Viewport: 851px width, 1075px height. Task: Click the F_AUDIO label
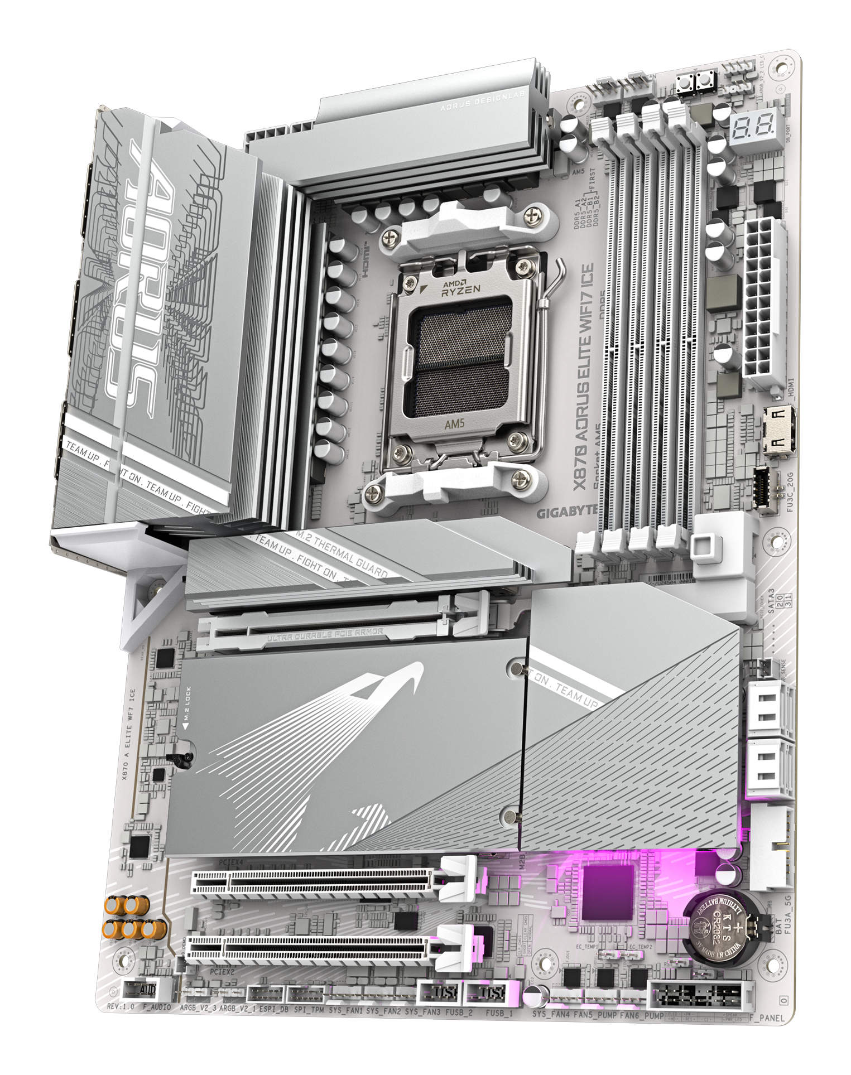pyautogui.click(x=157, y=1007)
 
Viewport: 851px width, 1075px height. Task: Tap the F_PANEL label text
pyautogui.click(x=767, y=1018)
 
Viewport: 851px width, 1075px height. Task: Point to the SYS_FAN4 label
pyautogui.click(x=551, y=1014)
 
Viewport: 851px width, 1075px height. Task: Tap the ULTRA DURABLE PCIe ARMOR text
pyautogui.click(x=325, y=634)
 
